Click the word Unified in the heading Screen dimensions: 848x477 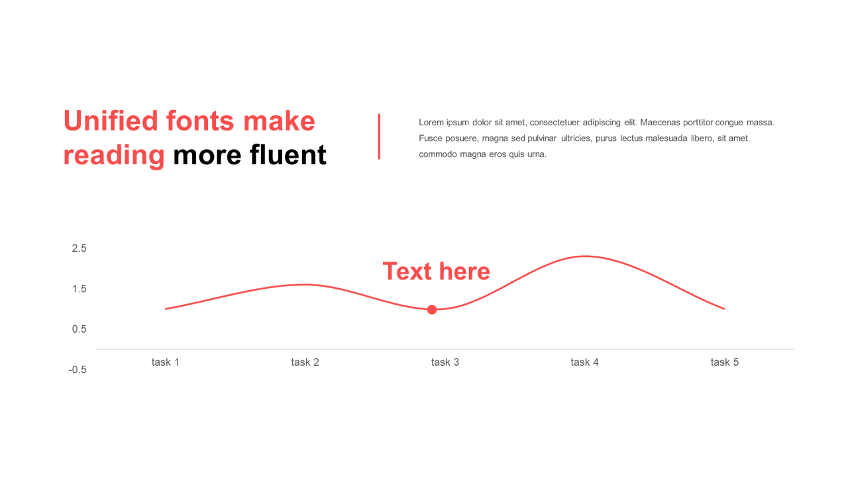[111, 121]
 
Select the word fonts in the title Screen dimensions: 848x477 [200, 121]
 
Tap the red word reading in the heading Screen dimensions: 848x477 [114, 156]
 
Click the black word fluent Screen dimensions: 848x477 [288, 155]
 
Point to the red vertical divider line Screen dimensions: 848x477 [379, 136]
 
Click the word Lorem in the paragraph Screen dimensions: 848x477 [431, 123]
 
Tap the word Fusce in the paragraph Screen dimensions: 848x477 [430, 138]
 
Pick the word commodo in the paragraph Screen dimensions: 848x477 [437, 154]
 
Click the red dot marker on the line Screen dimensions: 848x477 [432, 309]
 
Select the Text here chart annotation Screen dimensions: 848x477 [436, 271]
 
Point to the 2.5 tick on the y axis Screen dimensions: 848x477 [79, 248]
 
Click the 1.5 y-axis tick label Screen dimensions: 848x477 [79, 289]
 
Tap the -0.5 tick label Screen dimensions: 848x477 [78, 370]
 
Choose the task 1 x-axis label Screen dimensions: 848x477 [165, 362]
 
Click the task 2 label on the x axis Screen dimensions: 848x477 [305, 362]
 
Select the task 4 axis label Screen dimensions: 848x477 [584, 362]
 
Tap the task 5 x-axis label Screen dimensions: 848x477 [725, 362]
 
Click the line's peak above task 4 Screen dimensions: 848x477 [585, 256]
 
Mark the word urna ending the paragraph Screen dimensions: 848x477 [537, 154]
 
